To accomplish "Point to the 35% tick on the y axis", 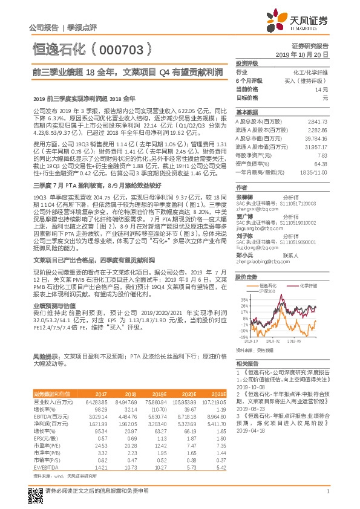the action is click(244, 299).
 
